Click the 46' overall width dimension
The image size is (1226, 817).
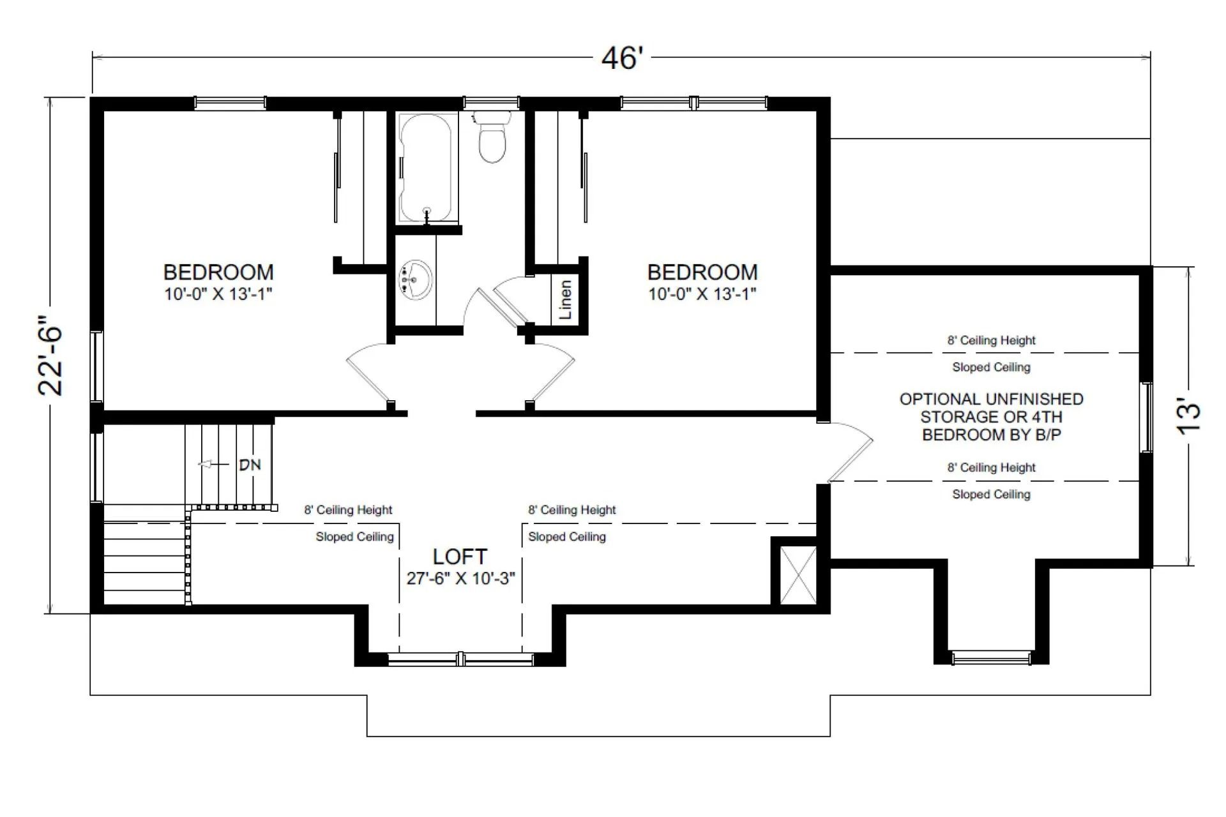[x=621, y=59]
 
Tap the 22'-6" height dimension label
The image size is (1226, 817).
[x=51, y=356]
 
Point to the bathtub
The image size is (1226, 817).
[x=426, y=168]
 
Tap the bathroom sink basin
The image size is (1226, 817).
[x=416, y=279]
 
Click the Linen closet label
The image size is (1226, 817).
[x=565, y=299]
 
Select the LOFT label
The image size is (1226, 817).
[x=460, y=557]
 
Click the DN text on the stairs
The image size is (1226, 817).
[x=250, y=465]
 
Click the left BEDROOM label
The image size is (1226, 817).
[x=218, y=273]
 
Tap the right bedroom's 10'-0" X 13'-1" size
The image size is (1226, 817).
[x=702, y=294]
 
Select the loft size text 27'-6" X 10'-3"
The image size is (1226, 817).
[x=460, y=578]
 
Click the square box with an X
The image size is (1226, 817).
[x=798, y=574]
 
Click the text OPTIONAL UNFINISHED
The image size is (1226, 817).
[x=991, y=400]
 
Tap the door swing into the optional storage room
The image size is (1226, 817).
[x=849, y=450]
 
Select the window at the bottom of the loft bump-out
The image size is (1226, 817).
[x=460, y=659]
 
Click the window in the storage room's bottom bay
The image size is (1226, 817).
[x=991, y=658]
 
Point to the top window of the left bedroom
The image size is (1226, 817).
[x=230, y=103]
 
